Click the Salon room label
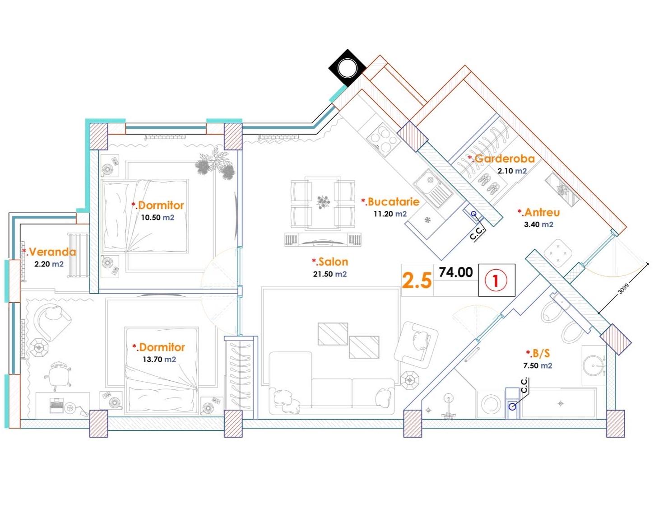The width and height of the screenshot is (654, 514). coord(330,262)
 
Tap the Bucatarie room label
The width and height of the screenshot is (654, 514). coord(390,201)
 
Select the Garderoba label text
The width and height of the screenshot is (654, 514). coord(501,159)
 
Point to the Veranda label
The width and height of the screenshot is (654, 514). coord(49,252)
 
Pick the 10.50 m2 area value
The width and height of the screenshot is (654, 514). coord(158,217)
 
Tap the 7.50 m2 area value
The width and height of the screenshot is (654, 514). coord(538,365)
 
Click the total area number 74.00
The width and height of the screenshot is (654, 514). coord(456,272)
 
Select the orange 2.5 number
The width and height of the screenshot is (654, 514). coord(417,280)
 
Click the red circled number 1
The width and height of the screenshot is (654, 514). coord(496,280)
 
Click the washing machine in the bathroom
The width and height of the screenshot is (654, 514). coord(492,404)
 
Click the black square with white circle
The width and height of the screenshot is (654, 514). coord(348,68)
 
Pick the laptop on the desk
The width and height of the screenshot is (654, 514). coord(56,405)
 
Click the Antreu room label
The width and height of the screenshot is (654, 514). coord(539,213)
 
